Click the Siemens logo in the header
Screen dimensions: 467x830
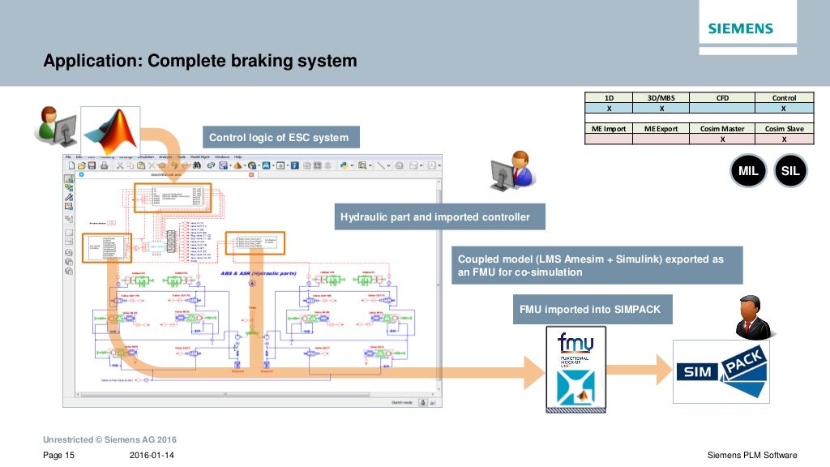(x=740, y=29)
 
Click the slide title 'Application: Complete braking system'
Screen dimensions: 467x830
(x=199, y=61)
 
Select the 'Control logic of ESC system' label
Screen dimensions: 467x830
(x=279, y=137)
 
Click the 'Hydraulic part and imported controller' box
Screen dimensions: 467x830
(x=436, y=216)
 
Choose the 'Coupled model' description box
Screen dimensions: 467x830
(x=596, y=266)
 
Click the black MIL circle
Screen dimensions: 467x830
(x=748, y=171)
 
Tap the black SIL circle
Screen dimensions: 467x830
(x=790, y=171)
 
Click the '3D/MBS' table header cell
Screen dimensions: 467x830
(x=661, y=98)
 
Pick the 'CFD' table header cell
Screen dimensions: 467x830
(x=721, y=98)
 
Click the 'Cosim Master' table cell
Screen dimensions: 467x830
(x=721, y=129)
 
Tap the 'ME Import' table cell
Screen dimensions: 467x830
(x=609, y=129)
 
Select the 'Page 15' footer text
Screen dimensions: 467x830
(x=58, y=456)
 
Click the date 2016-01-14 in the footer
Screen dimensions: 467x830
(x=152, y=456)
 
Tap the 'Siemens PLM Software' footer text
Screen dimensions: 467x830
(x=752, y=456)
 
